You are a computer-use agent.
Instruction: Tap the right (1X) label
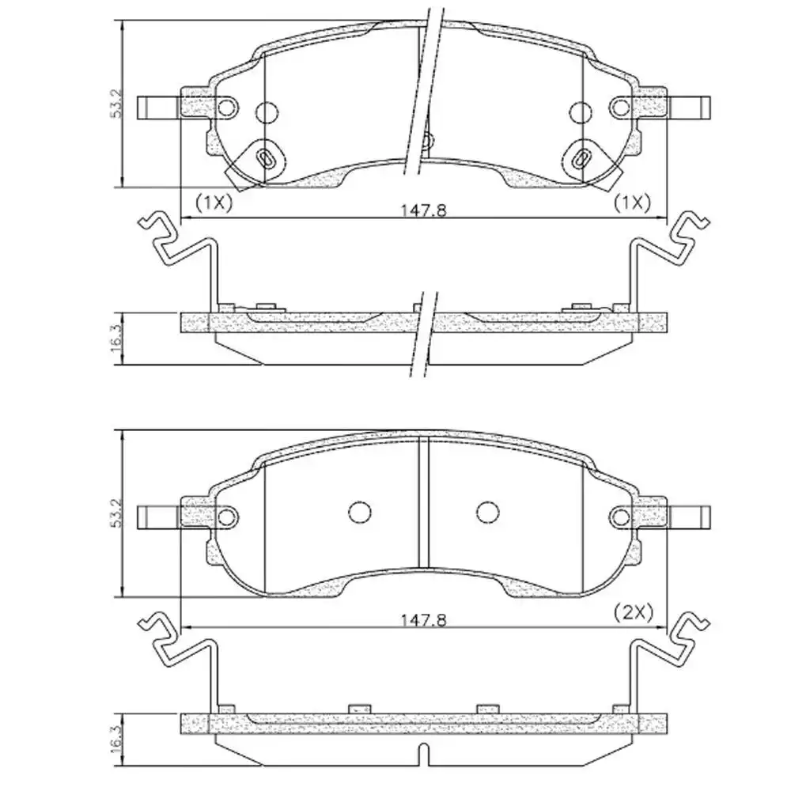tap(632, 202)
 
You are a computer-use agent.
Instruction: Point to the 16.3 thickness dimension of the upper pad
tap(116, 339)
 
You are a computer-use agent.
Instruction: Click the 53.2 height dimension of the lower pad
tap(116, 513)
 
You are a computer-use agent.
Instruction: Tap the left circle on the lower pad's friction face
tap(360, 513)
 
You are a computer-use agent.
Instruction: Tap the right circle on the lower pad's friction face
tap(488, 513)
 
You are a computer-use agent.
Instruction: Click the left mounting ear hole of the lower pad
tap(228, 517)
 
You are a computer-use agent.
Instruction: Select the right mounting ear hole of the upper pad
tap(623, 107)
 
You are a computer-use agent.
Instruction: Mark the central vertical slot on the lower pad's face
tap(423, 503)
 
